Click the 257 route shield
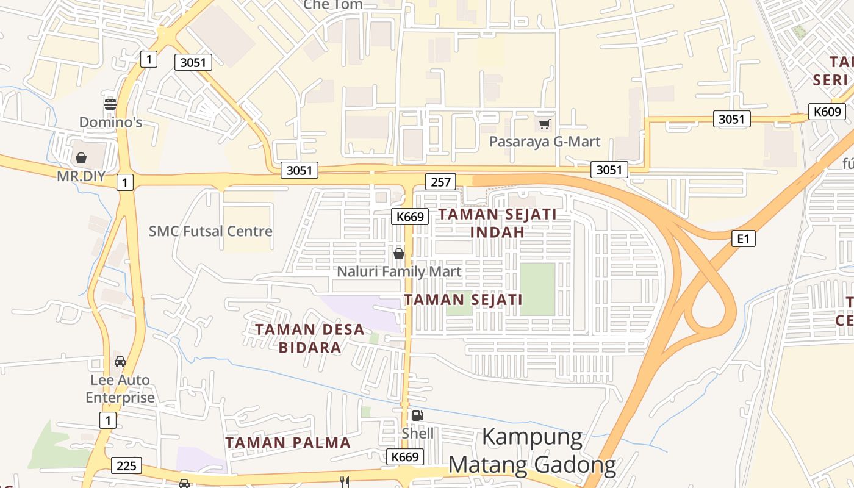pyautogui.click(x=441, y=182)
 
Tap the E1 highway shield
pyautogui.click(x=743, y=239)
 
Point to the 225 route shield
pyautogui.click(x=126, y=466)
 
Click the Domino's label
pyautogui.click(x=110, y=123)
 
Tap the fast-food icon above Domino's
pyautogui.click(x=110, y=104)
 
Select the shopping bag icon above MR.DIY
pyautogui.click(x=81, y=158)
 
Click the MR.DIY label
pyautogui.click(x=81, y=177)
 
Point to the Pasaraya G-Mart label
pyautogui.click(x=545, y=142)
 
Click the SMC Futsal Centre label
pyautogui.click(x=210, y=231)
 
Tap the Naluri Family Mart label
pyautogui.click(x=399, y=271)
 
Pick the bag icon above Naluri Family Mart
pyautogui.click(x=399, y=253)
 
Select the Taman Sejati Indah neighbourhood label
pyautogui.click(x=497, y=223)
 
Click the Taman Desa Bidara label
pyautogui.click(x=310, y=339)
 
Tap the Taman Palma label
pyautogui.click(x=288, y=443)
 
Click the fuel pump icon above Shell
pyautogui.click(x=417, y=415)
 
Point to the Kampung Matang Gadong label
pyautogui.click(x=532, y=451)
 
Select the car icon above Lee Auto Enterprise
pyautogui.click(x=120, y=361)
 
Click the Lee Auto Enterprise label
pyautogui.click(x=120, y=389)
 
